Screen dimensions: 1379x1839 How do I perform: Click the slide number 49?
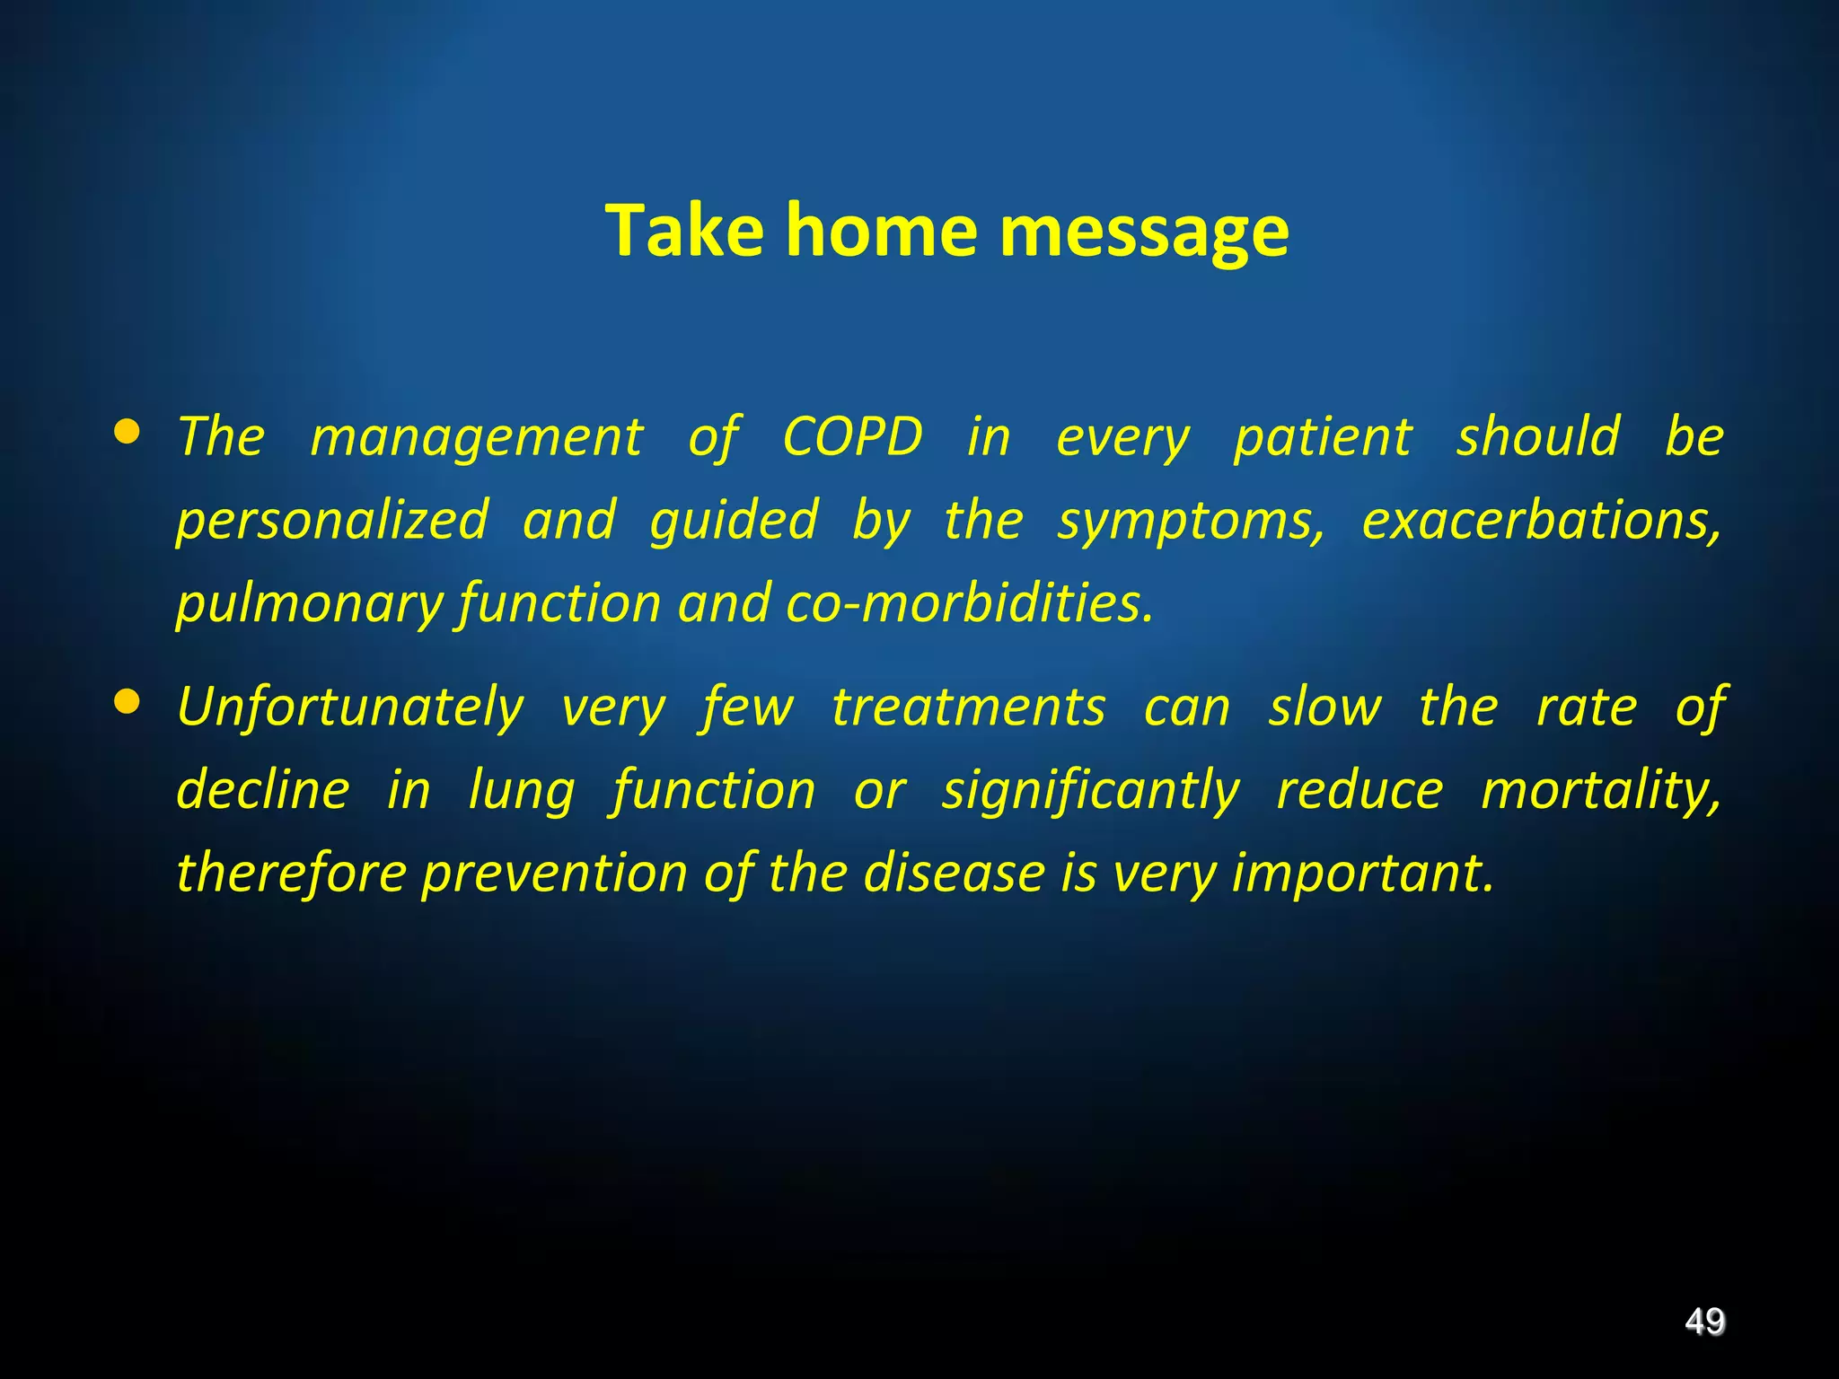(x=1703, y=1322)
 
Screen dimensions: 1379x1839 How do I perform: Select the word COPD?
(x=852, y=437)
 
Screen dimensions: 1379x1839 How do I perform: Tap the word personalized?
(x=332, y=520)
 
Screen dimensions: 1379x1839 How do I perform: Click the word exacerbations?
(x=1541, y=520)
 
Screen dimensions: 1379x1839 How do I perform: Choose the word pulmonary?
(x=309, y=604)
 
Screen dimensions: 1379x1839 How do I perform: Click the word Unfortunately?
(x=350, y=707)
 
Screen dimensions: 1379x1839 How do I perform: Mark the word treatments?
(x=968, y=707)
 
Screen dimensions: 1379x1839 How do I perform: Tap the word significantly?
(x=1090, y=790)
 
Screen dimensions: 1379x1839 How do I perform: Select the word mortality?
(x=1600, y=790)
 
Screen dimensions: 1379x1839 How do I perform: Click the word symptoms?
(x=1190, y=520)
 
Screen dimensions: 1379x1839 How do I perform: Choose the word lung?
(x=521, y=790)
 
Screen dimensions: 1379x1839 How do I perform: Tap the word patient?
(x=1323, y=437)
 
